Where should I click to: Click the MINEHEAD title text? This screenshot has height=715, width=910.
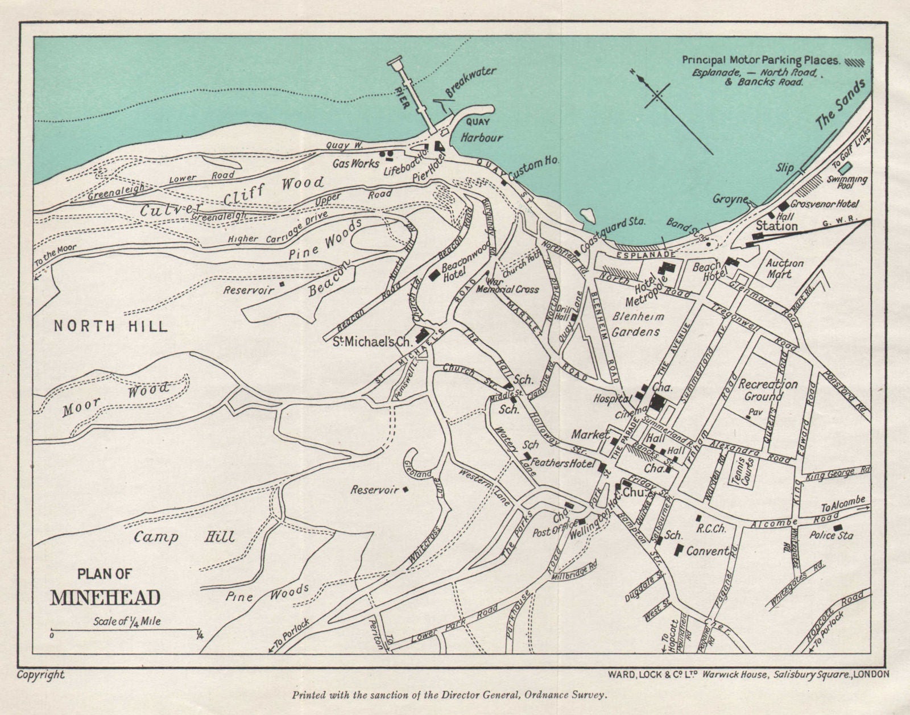pyautogui.click(x=106, y=598)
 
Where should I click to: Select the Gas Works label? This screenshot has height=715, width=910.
pyautogui.click(x=356, y=163)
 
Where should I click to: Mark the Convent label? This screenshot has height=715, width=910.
pyautogui.click(x=708, y=551)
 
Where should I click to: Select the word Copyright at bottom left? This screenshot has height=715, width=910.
pyautogui.click(x=40, y=675)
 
